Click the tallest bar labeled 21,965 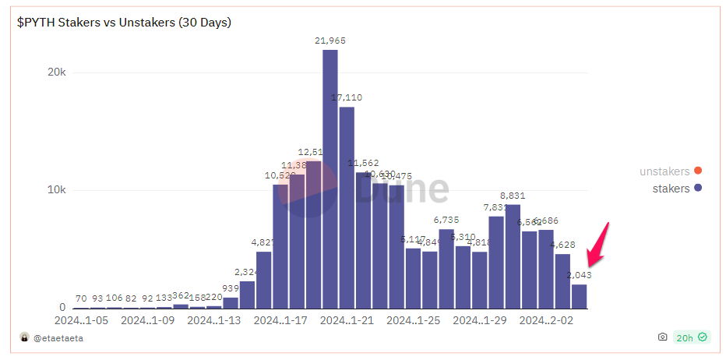pyautogui.click(x=330, y=179)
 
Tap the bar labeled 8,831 pyautogui.click(x=513, y=256)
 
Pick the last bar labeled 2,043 pyautogui.click(x=579, y=296)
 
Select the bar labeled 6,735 pyautogui.click(x=446, y=269)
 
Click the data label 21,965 pyautogui.click(x=330, y=41)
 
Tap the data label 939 pyautogui.click(x=231, y=288)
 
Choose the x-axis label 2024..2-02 pyautogui.click(x=546, y=320)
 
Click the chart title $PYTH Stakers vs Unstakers pyautogui.click(x=125, y=22)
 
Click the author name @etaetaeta pyautogui.click(x=57, y=337)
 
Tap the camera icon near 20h pyautogui.click(x=662, y=337)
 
